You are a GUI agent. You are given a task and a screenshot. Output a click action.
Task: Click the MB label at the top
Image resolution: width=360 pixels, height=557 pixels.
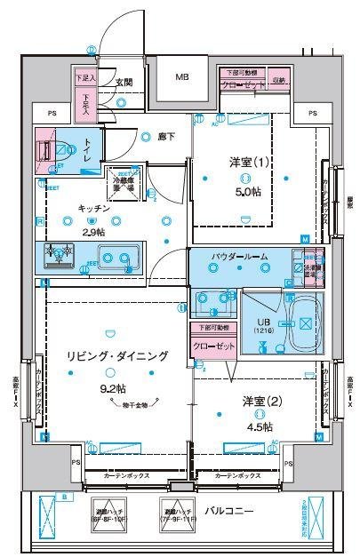click(181, 77)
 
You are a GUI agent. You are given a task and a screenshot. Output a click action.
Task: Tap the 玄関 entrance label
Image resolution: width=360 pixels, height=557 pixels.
click(124, 83)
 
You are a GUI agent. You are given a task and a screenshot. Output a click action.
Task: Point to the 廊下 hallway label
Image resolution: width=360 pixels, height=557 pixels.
click(165, 136)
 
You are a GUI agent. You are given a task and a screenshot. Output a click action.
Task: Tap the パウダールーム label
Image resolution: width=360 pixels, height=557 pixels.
click(239, 256)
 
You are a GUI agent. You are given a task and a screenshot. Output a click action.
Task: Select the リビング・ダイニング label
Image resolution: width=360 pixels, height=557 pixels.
click(116, 355)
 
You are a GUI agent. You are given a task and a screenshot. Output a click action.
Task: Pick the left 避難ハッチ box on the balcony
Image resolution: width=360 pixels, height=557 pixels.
click(109, 514)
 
